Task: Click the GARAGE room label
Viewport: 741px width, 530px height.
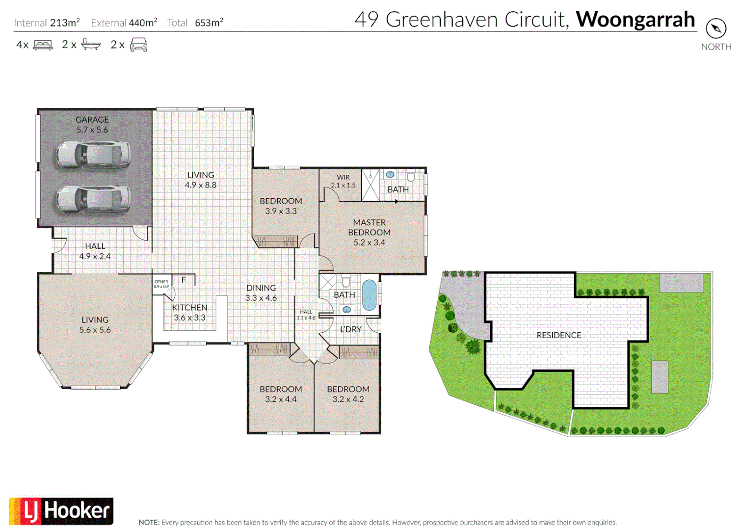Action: [92, 119]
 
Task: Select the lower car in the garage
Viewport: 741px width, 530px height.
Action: [93, 199]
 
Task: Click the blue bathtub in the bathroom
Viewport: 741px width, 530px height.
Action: [369, 295]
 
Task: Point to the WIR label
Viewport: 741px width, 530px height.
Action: [344, 177]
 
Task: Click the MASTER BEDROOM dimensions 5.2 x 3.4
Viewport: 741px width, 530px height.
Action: [369, 242]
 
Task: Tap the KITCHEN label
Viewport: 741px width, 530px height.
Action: [189, 308]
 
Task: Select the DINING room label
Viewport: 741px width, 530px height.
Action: [261, 288]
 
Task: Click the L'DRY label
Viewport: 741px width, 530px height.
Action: [351, 329]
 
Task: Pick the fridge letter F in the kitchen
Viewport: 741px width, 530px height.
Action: [184, 280]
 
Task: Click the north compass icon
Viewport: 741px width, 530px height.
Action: [716, 28]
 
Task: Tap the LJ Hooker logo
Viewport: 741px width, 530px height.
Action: [61, 511]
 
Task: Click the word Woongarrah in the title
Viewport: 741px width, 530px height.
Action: [635, 20]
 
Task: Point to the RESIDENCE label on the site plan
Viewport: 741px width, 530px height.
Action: [559, 335]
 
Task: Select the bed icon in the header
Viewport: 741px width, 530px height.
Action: [43, 45]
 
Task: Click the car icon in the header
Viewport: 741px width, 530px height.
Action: [139, 45]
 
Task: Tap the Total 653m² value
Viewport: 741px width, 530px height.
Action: [209, 23]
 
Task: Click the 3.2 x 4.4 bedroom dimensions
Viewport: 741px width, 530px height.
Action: [281, 399]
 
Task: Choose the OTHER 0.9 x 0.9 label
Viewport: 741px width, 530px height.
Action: [161, 284]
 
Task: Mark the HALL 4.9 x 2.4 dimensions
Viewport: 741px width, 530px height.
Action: [95, 256]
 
